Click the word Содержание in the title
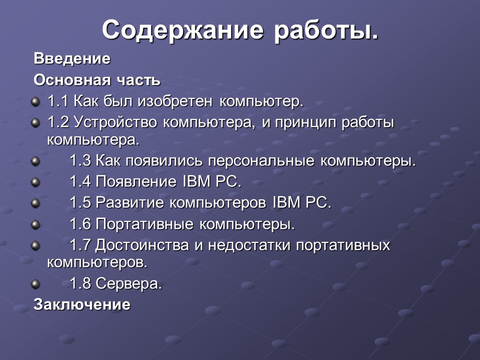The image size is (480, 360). pyautogui.click(x=183, y=31)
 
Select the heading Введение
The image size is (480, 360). pyautogui.click(x=72, y=59)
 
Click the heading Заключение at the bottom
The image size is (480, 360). pyautogui.click(x=82, y=304)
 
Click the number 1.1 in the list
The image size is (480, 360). pyautogui.click(x=58, y=101)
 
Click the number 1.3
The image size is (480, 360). pyautogui.click(x=80, y=161)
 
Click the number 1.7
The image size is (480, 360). pyautogui.click(x=80, y=245)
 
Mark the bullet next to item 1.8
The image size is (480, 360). pyautogui.click(x=35, y=284)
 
